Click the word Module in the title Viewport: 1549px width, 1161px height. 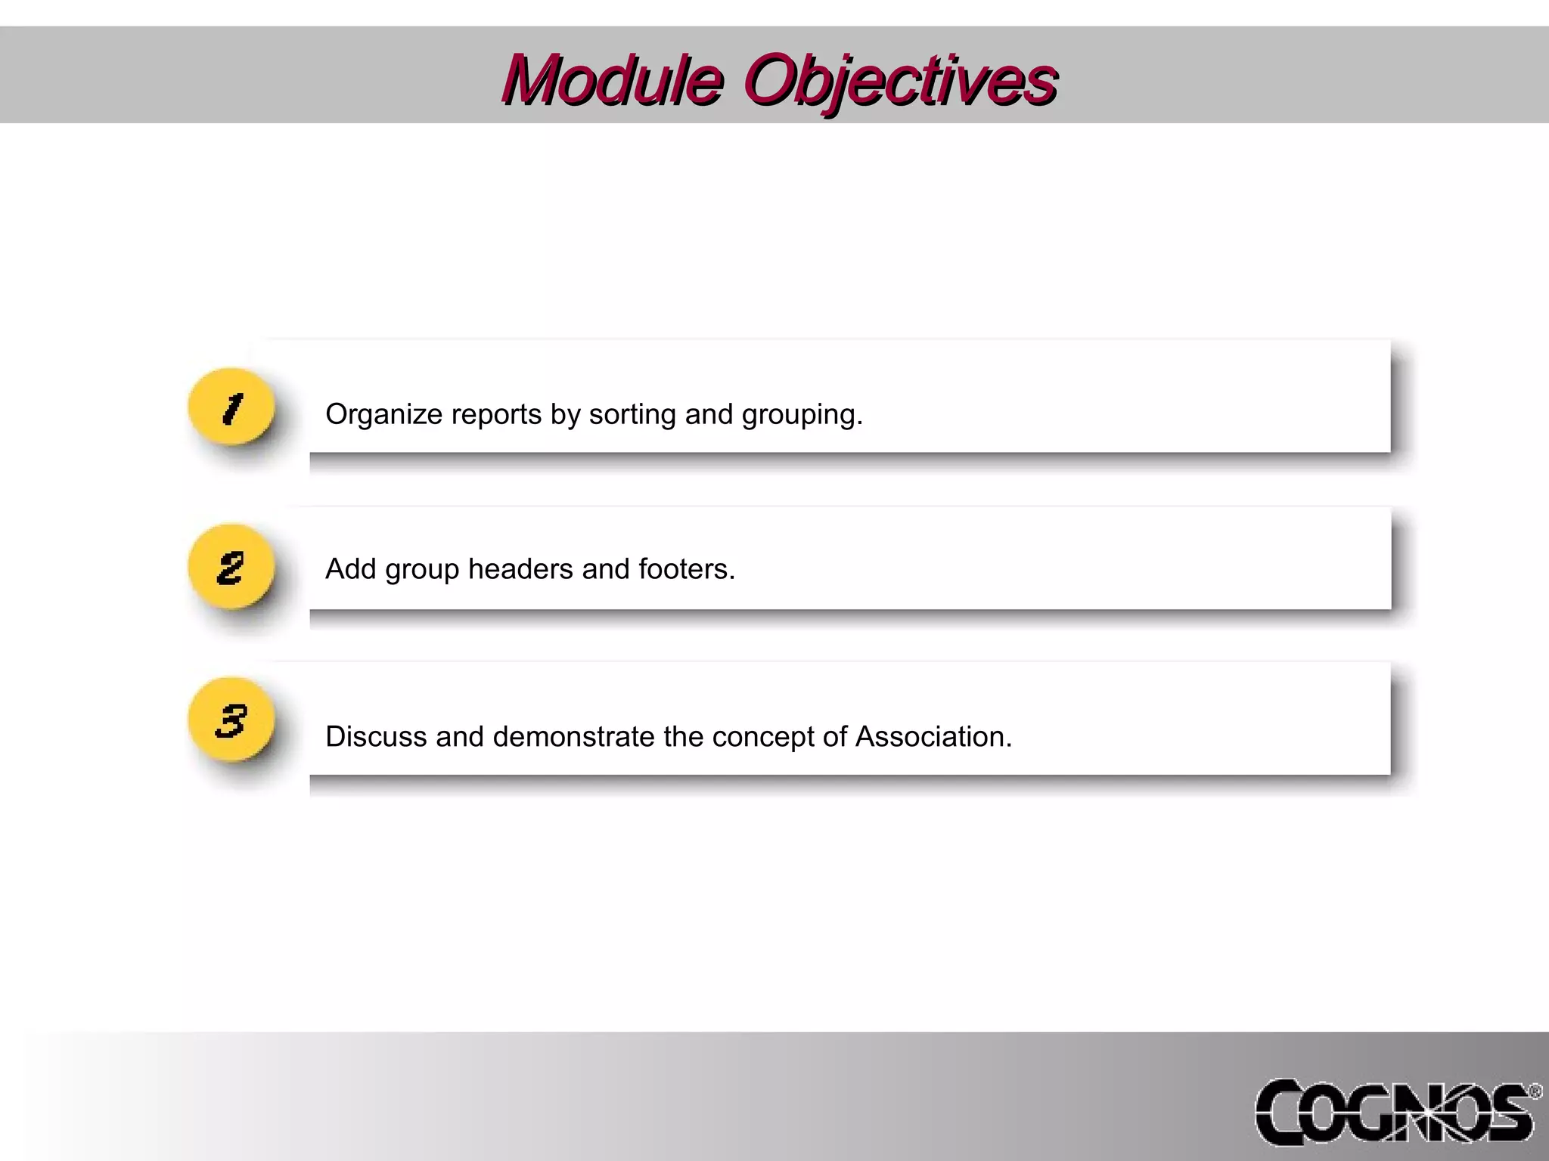tap(613, 80)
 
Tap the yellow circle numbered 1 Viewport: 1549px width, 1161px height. tap(231, 407)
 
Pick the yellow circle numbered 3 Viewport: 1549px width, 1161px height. tap(231, 720)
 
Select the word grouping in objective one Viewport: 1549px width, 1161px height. tap(802, 414)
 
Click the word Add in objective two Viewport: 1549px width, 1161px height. tap(350, 569)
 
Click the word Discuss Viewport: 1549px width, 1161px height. tap(376, 737)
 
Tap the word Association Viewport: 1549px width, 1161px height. tap(933, 737)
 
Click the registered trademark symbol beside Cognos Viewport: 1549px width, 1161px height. tap(1535, 1091)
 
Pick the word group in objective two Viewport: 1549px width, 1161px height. tap(422, 569)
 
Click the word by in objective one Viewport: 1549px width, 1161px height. tap(565, 414)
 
